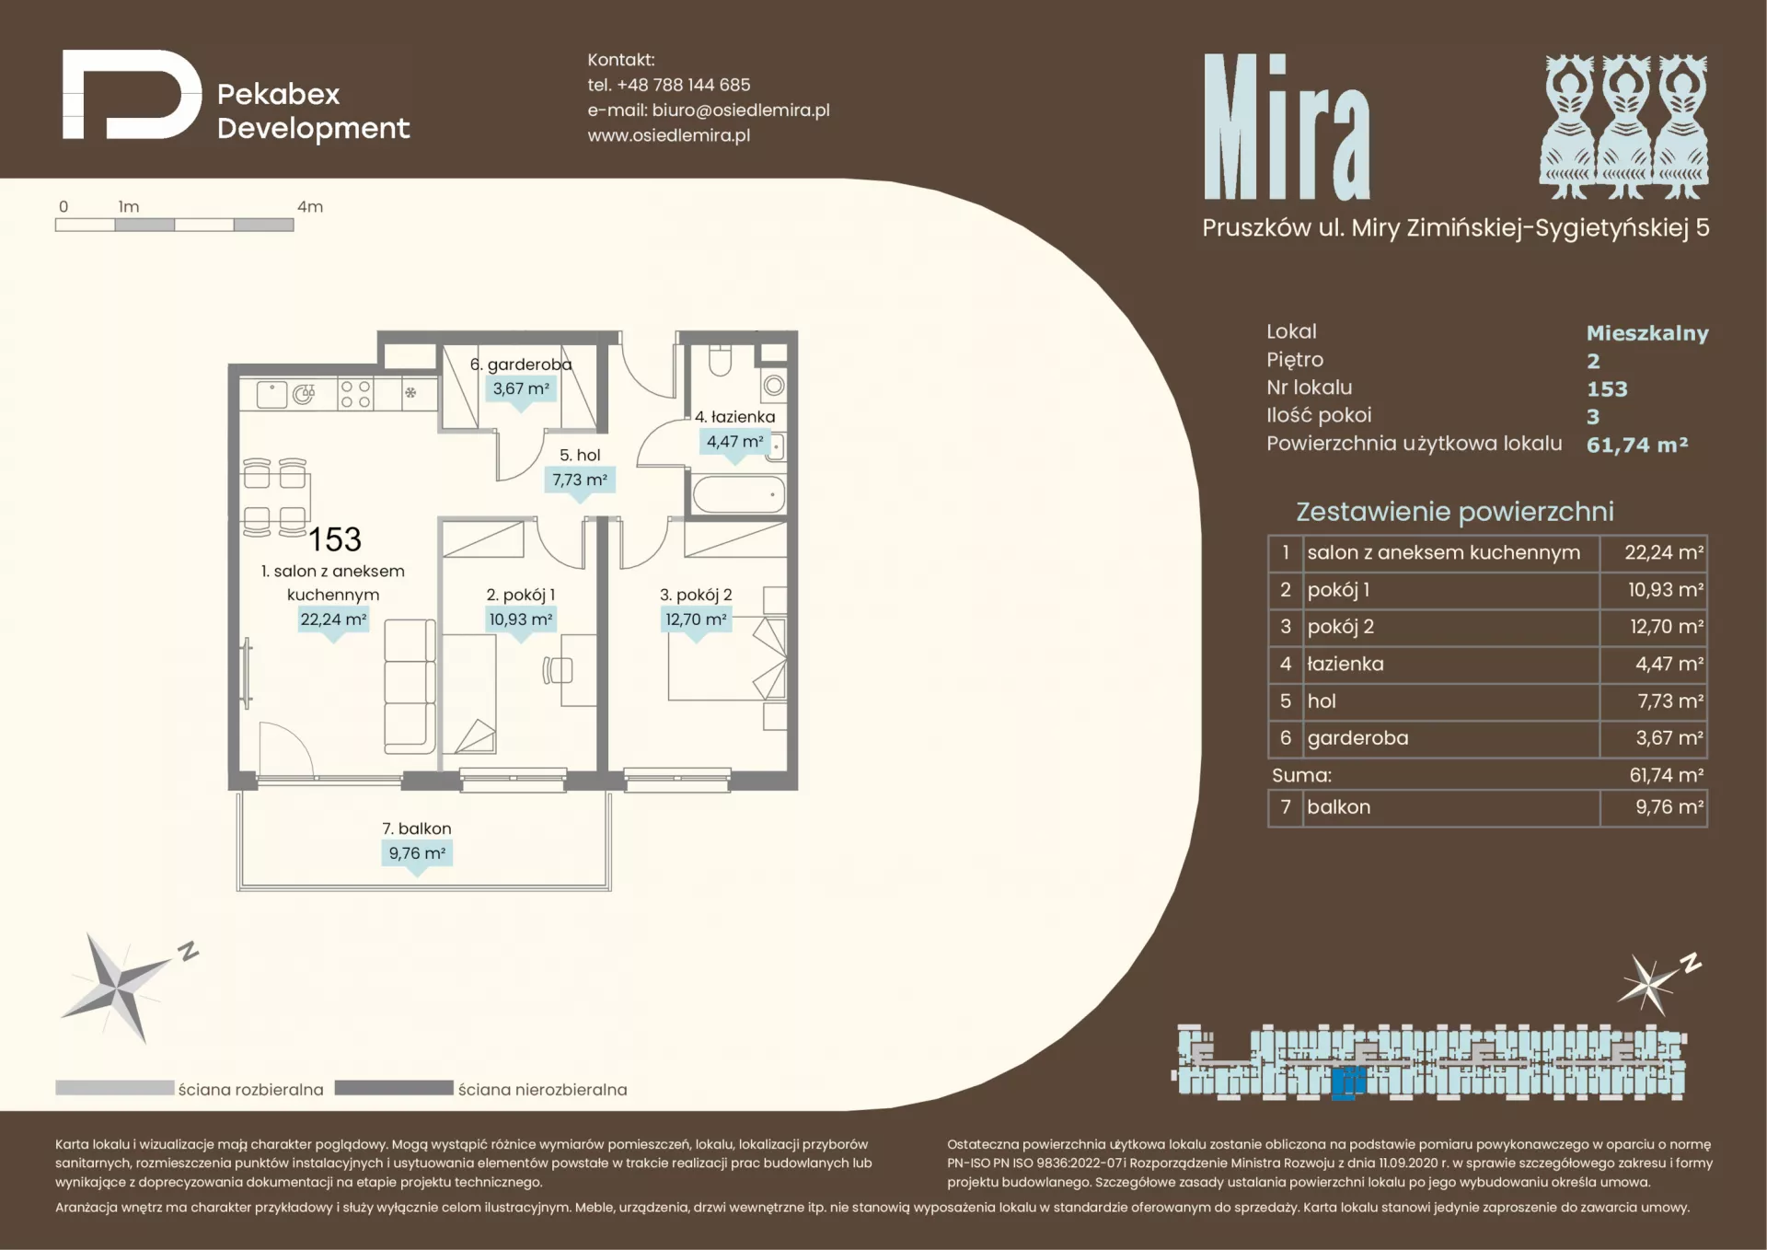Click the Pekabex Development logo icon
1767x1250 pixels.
coord(132,94)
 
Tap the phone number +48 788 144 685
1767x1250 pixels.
coord(683,85)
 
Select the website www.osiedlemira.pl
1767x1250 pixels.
coord(669,135)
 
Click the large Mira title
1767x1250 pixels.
coord(1287,127)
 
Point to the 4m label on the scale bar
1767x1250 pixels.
coord(310,207)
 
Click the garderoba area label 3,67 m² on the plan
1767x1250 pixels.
coord(521,388)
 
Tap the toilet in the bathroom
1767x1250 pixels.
coord(720,359)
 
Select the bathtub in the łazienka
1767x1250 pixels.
coord(739,494)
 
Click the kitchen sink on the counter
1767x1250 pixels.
coord(271,395)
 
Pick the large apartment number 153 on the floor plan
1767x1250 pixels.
coord(335,539)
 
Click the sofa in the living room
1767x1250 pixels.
coord(409,687)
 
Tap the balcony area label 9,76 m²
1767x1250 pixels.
coord(417,853)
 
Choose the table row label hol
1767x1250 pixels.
coord(1322,701)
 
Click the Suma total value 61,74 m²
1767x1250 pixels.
coord(1666,775)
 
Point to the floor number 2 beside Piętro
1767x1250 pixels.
coord(1593,361)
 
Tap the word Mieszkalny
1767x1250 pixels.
coord(1647,333)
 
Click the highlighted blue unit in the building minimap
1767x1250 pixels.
coord(1348,1082)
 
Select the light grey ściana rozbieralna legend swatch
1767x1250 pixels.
coord(115,1088)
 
